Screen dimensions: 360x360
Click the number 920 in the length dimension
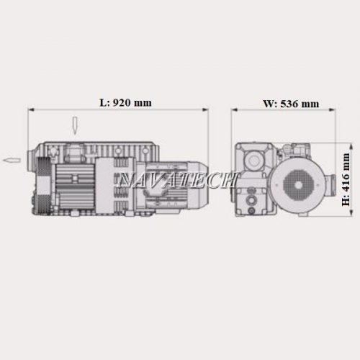coord(122,103)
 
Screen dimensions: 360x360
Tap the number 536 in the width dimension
coord(289,104)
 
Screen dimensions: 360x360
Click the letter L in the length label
coord(103,103)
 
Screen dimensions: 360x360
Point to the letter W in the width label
coord(269,104)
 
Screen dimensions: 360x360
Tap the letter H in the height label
coord(346,202)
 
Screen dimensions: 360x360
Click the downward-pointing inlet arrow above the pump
coord(75,126)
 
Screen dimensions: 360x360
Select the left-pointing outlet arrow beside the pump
coord(12,161)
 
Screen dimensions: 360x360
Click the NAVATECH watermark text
coord(178,179)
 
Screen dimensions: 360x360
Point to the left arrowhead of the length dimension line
coord(32,109)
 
